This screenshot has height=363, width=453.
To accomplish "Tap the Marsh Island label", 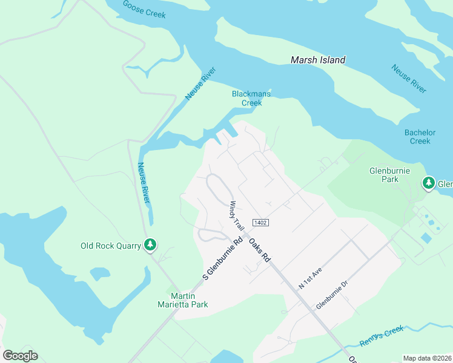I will pos(318,60).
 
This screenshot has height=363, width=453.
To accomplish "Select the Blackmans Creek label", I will pos(247,98).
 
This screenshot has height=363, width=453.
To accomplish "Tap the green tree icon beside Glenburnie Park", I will pos(429,182).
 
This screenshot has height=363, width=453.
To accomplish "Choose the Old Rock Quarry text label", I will pos(110,246).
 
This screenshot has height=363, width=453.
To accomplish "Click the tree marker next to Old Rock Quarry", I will pos(150,245).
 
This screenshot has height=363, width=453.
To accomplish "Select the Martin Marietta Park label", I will pos(181,299).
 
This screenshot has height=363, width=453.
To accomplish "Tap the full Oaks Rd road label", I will pos(259,249).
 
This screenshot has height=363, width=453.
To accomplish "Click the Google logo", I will pos(20,355).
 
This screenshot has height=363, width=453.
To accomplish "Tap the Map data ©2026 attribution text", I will pos(428,358).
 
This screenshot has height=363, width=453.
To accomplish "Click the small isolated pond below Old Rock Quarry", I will pos(99,274).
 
